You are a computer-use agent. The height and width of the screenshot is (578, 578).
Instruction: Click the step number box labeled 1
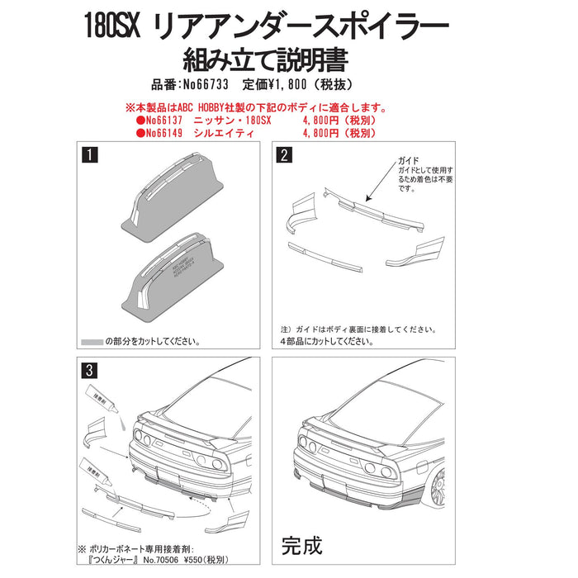(87, 154)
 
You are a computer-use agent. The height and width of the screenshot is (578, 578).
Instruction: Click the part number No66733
(205, 85)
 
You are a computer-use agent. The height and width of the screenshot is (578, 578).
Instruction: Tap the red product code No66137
(161, 120)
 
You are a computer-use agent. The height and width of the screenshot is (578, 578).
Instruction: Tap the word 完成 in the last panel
(302, 545)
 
